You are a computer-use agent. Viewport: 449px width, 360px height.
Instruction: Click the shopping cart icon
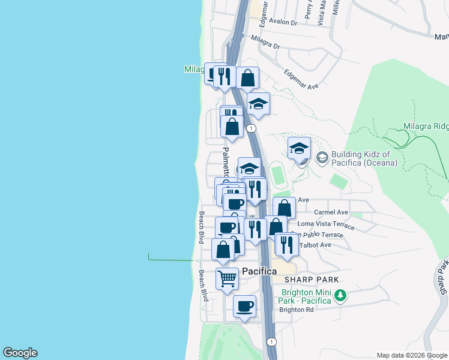pos(228,278)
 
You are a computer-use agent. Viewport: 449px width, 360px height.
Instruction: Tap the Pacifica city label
pos(259,272)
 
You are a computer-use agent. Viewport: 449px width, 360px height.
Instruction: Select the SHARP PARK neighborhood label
pos(312,280)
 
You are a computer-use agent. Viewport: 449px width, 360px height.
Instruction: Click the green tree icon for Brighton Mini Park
pos(340,295)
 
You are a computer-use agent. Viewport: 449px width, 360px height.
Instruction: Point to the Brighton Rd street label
pos(297,310)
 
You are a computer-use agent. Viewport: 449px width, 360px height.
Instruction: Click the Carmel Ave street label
pos(331,212)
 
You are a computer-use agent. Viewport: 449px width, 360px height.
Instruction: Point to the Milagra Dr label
pos(266,42)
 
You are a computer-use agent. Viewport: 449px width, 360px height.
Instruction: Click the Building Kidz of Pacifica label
pos(360,158)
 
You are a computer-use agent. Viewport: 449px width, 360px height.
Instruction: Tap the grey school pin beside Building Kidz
pos(322,158)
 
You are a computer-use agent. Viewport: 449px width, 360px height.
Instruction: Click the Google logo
pos(20,353)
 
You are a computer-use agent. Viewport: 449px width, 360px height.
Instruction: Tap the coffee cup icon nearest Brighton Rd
pos(244,306)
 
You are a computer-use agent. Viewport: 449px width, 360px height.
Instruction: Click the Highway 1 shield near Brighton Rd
pos(272,341)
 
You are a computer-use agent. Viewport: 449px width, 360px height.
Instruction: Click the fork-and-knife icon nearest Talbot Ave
pos(287,244)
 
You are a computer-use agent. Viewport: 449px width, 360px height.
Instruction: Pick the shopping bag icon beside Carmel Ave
pos(285,208)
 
